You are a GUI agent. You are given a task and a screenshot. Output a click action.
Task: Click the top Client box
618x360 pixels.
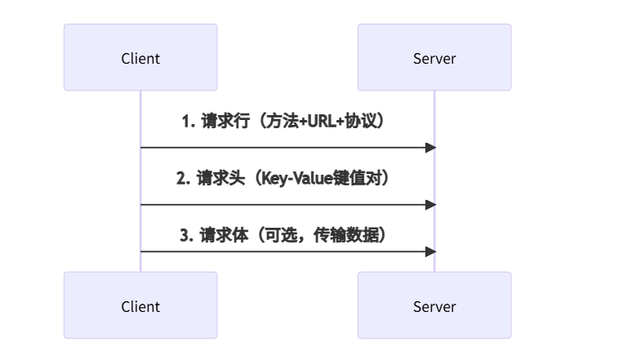pyautogui.click(x=140, y=57)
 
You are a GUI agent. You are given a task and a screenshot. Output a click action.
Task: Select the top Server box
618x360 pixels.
pyautogui.click(x=434, y=57)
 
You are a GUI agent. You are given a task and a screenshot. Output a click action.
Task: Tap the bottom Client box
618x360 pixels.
pyautogui.click(x=140, y=305)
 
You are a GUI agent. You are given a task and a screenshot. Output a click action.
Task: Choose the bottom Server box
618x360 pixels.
pyautogui.click(x=434, y=305)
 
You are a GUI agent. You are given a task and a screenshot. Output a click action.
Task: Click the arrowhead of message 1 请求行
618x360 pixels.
pyautogui.click(x=430, y=148)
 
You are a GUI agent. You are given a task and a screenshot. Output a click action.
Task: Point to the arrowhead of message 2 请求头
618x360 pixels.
pyautogui.click(x=430, y=205)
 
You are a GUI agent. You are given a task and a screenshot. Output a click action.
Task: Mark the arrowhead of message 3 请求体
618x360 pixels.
pyautogui.click(x=430, y=251)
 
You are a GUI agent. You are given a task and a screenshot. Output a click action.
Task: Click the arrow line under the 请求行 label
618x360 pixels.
pyautogui.click(x=286, y=148)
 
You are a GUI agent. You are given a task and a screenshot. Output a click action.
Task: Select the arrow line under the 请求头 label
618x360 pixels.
pyautogui.click(x=286, y=205)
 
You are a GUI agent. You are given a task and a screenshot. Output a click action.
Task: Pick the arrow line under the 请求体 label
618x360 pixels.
pyautogui.click(x=286, y=251)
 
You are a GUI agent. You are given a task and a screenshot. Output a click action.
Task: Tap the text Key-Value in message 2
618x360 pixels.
pyautogui.click(x=295, y=178)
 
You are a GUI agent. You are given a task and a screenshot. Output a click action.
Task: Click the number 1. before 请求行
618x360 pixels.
pyautogui.click(x=187, y=122)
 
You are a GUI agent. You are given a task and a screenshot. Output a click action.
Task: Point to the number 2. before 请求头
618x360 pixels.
pyautogui.click(x=184, y=178)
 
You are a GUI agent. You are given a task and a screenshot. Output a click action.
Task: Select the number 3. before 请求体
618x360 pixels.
pyautogui.click(x=186, y=235)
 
